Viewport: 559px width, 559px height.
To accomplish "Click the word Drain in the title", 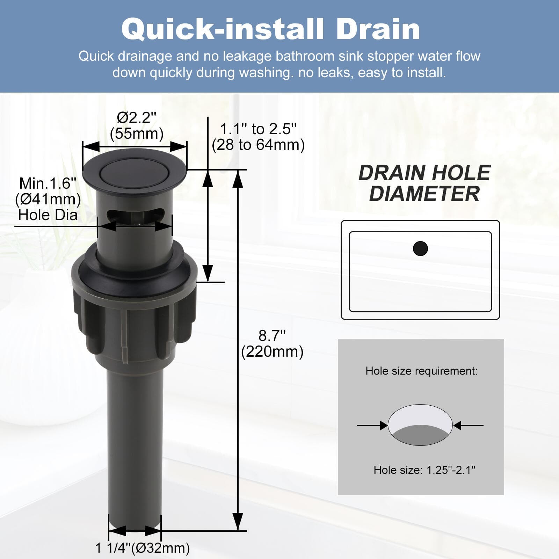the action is (x=378, y=30).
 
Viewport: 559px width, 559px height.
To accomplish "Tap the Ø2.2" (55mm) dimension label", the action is (x=137, y=125).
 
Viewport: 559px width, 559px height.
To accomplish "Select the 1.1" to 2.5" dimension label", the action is (x=258, y=137).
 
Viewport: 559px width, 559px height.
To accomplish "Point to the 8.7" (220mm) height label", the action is (x=272, y=343).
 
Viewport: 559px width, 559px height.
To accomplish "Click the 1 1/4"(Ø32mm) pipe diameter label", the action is (x=143, y=548).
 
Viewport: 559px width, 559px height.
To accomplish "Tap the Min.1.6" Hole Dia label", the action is (x=48, y=199).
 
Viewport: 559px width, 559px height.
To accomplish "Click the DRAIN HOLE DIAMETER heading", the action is (x=424, y=183).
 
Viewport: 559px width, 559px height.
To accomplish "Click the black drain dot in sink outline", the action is (x=420, y=248).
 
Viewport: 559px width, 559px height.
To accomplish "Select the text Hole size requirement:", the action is (x=421, y=371).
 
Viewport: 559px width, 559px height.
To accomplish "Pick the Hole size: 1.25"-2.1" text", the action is (x=424, y=470).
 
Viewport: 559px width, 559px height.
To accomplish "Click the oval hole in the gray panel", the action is (x=420, y=425).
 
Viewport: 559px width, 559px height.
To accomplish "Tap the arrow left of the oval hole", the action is (x=372, y=425).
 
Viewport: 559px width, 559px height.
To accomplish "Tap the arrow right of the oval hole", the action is (x=468, y=425).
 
